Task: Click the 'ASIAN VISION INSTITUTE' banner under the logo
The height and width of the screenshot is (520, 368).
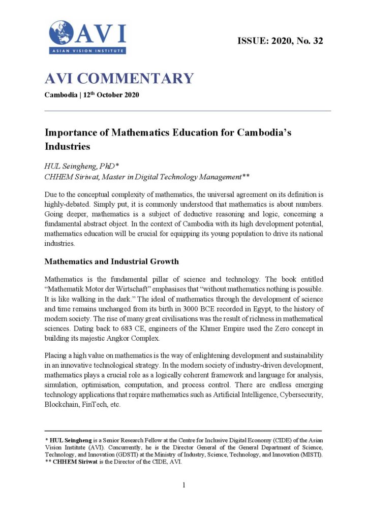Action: click(87, 50)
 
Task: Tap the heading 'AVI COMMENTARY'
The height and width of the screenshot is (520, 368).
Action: click(119, 79)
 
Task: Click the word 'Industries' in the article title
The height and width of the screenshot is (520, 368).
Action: click(68, 146)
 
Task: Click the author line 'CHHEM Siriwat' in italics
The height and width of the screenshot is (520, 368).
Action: click(71, 176)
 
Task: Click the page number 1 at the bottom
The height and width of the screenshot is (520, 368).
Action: click(184, 485)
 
